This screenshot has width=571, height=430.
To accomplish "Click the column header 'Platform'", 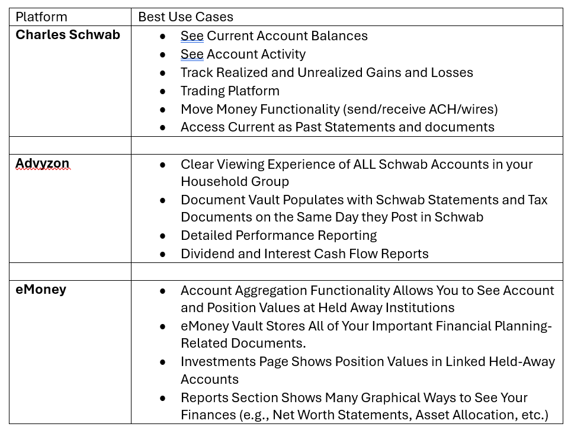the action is tap(41, 17).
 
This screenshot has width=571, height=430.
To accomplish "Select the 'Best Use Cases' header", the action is tap(185, 17).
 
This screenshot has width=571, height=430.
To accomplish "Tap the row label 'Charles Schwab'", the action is tap(68, 35).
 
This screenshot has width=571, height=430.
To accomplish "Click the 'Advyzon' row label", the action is tap(42, 163).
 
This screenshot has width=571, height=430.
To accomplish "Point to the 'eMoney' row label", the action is tap(41, 290).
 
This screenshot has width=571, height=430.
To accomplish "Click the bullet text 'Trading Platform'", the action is tap(230, 91).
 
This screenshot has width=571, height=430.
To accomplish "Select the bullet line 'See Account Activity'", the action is tap(243, 54).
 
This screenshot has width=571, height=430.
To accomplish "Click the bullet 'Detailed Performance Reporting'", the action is tap(278, 236).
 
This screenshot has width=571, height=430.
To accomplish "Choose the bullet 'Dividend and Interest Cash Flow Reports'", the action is tap(304, 254).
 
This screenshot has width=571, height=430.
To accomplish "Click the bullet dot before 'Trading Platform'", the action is tap(163, 91).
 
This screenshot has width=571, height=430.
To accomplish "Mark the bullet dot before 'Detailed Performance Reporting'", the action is tap(163, 236).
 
